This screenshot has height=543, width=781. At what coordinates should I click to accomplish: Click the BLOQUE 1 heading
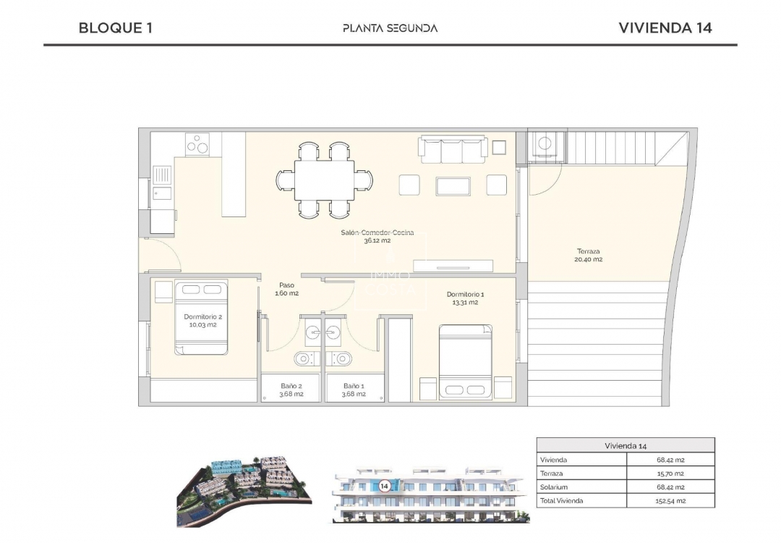[115, 28]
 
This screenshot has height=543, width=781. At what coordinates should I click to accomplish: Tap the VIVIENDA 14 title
[665, 28]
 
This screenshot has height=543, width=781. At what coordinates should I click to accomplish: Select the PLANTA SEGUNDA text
[390, 28]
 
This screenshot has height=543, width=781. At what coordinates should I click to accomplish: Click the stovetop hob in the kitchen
[197, 144]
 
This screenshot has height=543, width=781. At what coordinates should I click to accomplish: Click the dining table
[325, 180]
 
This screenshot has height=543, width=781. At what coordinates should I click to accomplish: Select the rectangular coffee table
[453, 186]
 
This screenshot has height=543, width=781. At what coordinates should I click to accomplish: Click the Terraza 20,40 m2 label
[589, 256]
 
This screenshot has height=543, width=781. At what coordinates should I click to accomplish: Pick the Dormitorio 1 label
[465, 294]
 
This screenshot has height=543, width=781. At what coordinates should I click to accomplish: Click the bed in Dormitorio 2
[201, 317]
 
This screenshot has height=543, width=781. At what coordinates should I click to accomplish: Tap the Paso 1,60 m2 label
[286, 289]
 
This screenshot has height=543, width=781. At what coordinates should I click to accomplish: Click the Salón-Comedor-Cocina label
[377, 232]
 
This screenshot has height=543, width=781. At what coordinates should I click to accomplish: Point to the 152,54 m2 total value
[670, 500]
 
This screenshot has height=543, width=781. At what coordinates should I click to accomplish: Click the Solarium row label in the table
[554, 487]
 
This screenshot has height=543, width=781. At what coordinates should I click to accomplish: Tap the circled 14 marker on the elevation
[384, 486]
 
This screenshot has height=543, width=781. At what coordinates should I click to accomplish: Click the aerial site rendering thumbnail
[242, 491]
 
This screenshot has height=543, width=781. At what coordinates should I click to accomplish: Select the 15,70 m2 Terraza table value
[670, 473]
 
